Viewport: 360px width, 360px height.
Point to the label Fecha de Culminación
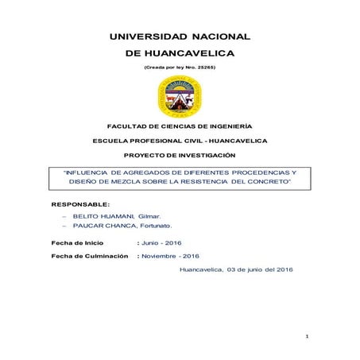point(89,256)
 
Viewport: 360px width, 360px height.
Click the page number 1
point(306,339)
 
